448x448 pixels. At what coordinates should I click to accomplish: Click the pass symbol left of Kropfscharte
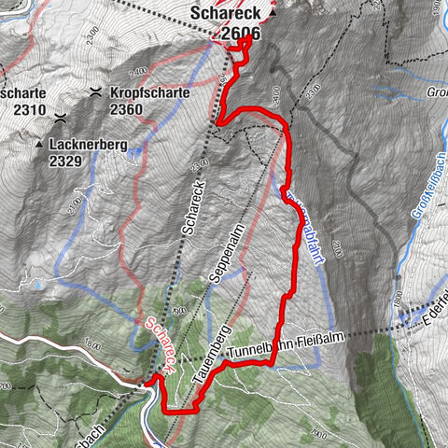tap(96, 92)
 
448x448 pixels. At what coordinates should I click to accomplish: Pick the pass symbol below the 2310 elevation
tap(60, 119)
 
